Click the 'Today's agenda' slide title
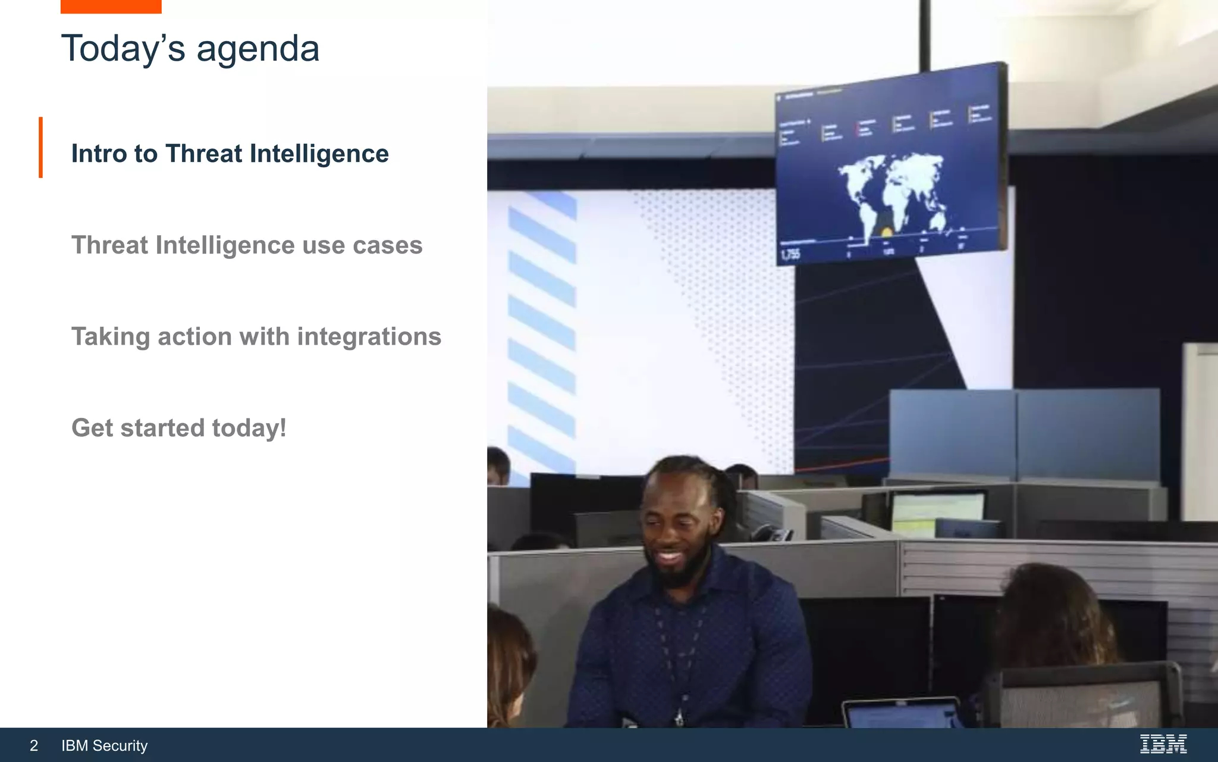(190, 49)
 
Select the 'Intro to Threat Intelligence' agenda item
(230, 154)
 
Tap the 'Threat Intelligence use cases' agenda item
(247, 245)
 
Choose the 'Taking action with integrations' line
(256, 337)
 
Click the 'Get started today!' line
(178, 428)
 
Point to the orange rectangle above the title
(111, 7)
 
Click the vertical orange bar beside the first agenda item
(40, 147)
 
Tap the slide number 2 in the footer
(34, 745)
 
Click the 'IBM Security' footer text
(104, 745)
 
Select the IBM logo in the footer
(1163, 744)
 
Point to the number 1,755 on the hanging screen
(790, 255)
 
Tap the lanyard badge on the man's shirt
(679, 717)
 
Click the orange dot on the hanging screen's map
(886, 232)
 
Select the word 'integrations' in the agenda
(369, 337)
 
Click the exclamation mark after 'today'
(283, 428)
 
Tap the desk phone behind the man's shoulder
(773, 533)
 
